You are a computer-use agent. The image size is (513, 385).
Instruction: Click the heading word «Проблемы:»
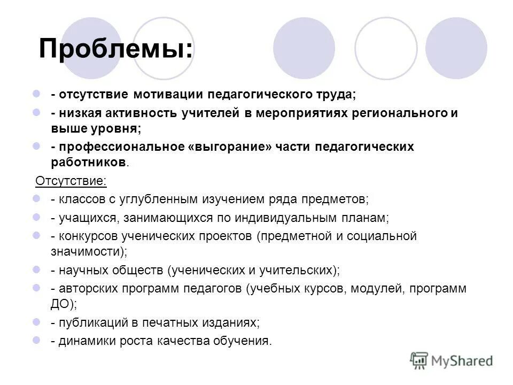pyautogui.click(x=116, y=49)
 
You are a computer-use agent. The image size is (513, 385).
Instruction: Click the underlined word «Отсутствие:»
pyautogui.click(x=71, y=181)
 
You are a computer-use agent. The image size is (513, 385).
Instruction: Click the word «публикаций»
pyautogui.click(x=91, y=322)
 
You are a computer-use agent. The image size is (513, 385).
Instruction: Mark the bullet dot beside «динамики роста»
pyautogui.click(x=37, y=340)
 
